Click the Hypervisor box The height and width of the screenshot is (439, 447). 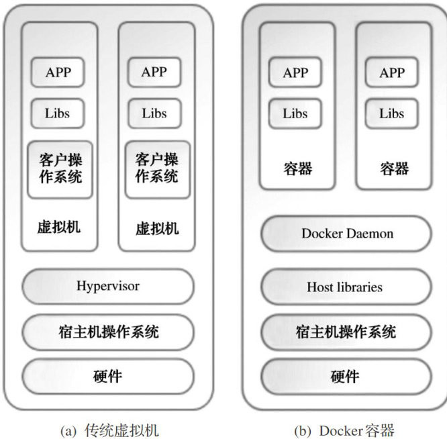tap(108, 287)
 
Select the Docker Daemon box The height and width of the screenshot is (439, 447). tap(346, 234)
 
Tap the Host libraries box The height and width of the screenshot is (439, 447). tap(345, 287)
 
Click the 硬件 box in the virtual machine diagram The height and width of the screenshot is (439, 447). tap(108, 377)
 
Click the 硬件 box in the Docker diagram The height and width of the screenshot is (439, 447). tap(345, 377)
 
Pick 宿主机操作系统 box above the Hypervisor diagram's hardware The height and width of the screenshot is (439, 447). tap(108, 332)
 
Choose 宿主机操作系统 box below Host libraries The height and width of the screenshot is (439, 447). tap(345, 332)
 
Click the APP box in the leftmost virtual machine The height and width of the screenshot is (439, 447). tap(58, 72)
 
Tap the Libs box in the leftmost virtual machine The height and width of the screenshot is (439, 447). tap(58, 113)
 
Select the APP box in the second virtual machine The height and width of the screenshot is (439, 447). tap(154, 72)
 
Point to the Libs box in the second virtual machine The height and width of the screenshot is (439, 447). tap(154, 113)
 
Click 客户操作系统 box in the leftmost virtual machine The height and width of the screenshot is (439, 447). tap(60, 169)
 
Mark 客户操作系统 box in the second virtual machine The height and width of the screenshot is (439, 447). tap(157, 169)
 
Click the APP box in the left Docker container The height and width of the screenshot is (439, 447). tap(295, 72)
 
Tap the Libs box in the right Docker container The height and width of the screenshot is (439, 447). tap(392, 113)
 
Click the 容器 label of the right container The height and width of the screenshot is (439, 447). tap(394, 168)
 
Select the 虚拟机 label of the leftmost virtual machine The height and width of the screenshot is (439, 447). tap(59, 227)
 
